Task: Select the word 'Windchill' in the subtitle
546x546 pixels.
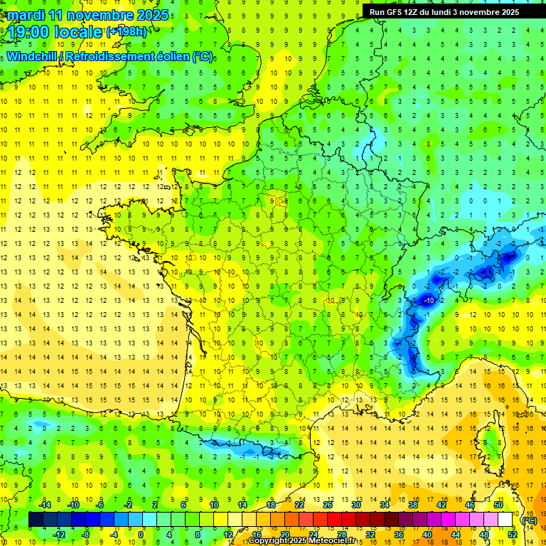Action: pyautogui.click(x=32, y=56)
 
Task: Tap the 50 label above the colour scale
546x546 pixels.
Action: pyautogui.click(x=498, y=505)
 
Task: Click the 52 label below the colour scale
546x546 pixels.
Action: pyautogui.click(x=512, y=535)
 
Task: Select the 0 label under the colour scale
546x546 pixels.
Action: pyautogui.click(x=141, y=535)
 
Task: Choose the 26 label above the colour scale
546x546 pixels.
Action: pyautogui.click(x=328, y=505)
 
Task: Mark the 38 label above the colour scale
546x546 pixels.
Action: pyautogui.click(x=412, y=505)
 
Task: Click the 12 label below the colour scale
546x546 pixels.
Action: pyautogui.click(x=228, y=535)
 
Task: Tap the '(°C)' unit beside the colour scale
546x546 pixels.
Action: pyautogui.click(x=529, y=520)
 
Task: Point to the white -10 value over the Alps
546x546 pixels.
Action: pyautogui.click(x=429, y=301)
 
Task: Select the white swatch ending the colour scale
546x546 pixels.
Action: pyautogui.click(x=505, y=520)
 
